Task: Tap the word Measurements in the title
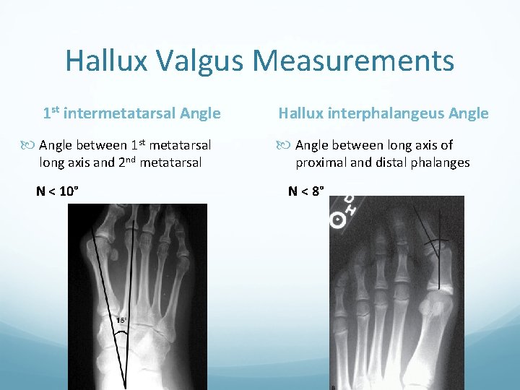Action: (354, 61)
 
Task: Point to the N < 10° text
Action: (58, 191)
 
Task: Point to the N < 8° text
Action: (306, 191)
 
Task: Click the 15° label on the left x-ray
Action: (122, 319)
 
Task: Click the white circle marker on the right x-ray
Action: (337, 220)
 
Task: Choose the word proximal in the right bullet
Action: (321, 162)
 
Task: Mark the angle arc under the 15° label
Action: (123, 331)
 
